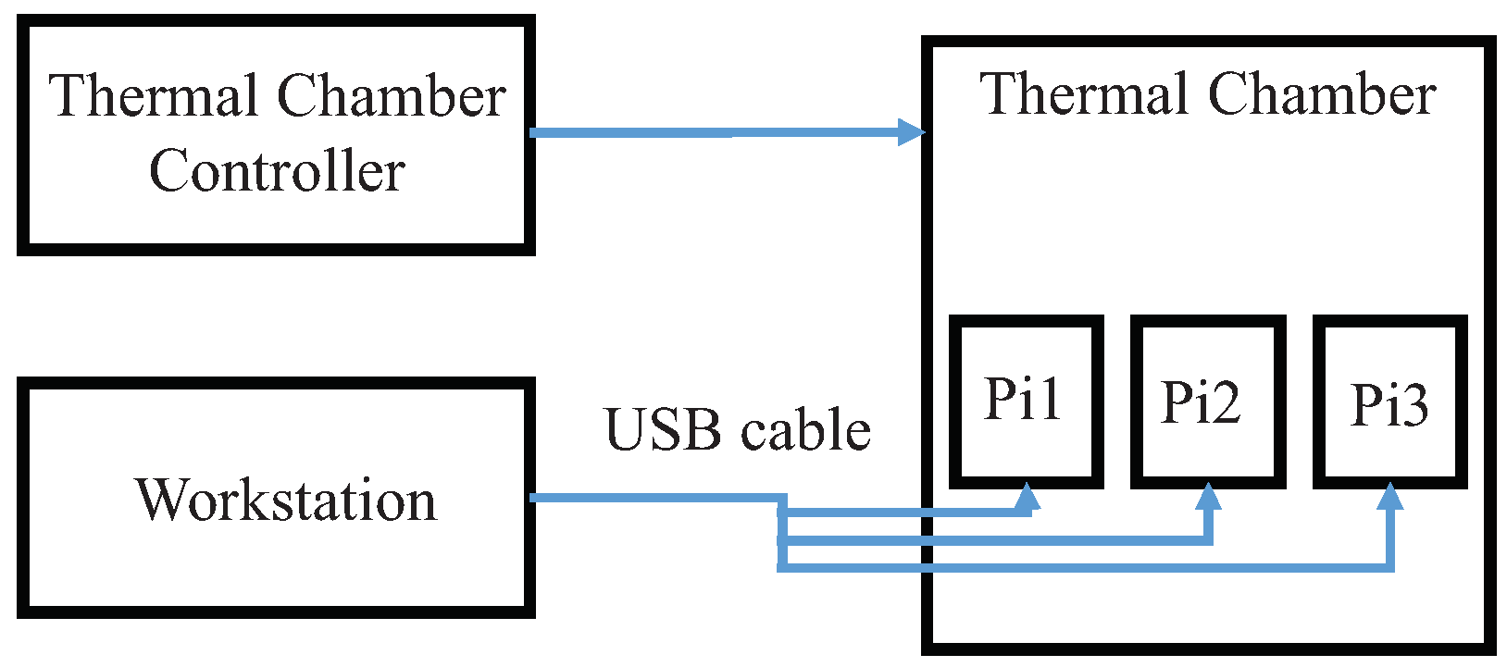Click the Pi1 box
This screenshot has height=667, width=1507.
pyautogui.click(x=1026, y=401)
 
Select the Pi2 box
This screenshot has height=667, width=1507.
pyautogui.click(x=1207, y=401)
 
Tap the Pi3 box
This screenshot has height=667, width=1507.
pyautogui.click(x=1389, y=401)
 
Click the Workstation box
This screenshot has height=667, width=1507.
pyautogui.click(x=276, y=498)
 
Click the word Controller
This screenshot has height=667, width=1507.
pyautogui.click(x=277, y=172)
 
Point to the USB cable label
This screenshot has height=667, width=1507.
pyautogui.click(x=738, y=430)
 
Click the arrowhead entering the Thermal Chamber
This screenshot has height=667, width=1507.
pyautogui.click(x=912, y=132)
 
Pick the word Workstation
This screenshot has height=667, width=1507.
pyautogui.click(x=286, y=500)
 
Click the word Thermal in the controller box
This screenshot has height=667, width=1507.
pyautogui.click(x=154, y=96)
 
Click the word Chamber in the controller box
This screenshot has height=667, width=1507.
pyautogui.click(x=391, y=96)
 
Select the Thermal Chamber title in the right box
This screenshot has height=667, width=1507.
pyautogui.click(x=1207, y=95)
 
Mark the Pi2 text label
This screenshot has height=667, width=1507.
pyautogui.click(x=1201, y=402)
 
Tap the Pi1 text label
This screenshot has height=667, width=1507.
pyautogui.click(x=1022, y=399)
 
